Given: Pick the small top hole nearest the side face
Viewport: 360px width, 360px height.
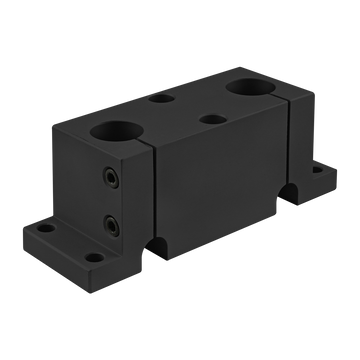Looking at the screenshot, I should coord(211,119).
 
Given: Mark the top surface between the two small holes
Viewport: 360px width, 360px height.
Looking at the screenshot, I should coord(186,109).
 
